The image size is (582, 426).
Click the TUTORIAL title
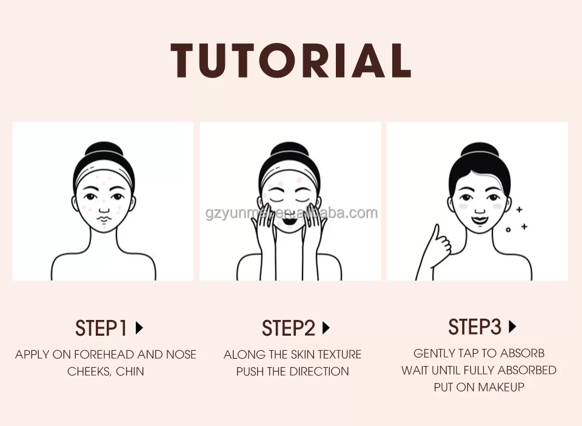point(290,61)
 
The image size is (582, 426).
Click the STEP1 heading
point(101,328)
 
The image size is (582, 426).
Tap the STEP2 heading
point(288,328)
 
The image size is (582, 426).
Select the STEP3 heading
point(475,327)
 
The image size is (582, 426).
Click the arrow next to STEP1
point(139,328)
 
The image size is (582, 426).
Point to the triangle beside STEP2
point(326,328)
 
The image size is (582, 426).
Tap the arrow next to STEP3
point(513,327)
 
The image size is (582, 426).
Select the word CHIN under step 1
point(130,371)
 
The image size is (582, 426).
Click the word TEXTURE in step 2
point(339,354)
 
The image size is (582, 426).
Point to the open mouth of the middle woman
point(289,222)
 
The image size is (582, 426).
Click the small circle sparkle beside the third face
point(508,230)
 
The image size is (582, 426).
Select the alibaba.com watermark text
point(292,213)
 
